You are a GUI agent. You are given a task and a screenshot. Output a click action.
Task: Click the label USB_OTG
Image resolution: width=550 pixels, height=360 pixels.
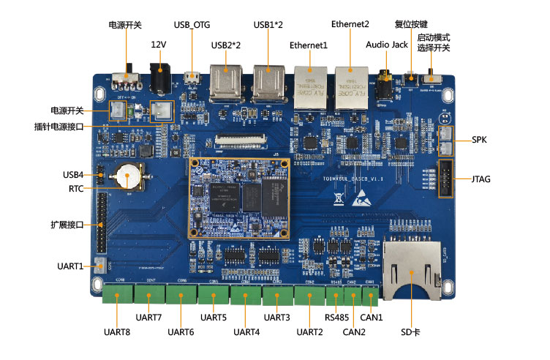pos(192,25)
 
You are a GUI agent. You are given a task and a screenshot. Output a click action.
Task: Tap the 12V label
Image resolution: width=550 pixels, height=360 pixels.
pos(159,45)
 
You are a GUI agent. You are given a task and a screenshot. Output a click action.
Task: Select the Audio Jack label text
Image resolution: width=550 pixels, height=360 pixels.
pos(387,45)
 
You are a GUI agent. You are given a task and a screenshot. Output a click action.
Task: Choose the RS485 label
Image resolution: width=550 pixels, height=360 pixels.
pos(338,318)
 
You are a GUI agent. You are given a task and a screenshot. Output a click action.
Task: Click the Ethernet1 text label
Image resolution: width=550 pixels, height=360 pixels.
pos(309,45)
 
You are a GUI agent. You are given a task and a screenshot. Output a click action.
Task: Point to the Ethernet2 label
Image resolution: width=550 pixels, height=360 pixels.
pos(350,24)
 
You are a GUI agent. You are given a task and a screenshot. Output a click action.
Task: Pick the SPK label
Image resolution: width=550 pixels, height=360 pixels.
pos(480,139)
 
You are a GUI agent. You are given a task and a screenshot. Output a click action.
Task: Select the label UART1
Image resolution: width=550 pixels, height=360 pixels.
pos(70,266)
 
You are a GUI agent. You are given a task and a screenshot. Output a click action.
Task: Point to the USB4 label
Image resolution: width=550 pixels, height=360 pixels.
pos(73,174)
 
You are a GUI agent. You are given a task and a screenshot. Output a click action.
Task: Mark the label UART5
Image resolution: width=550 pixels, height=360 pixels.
pos(214,318)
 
